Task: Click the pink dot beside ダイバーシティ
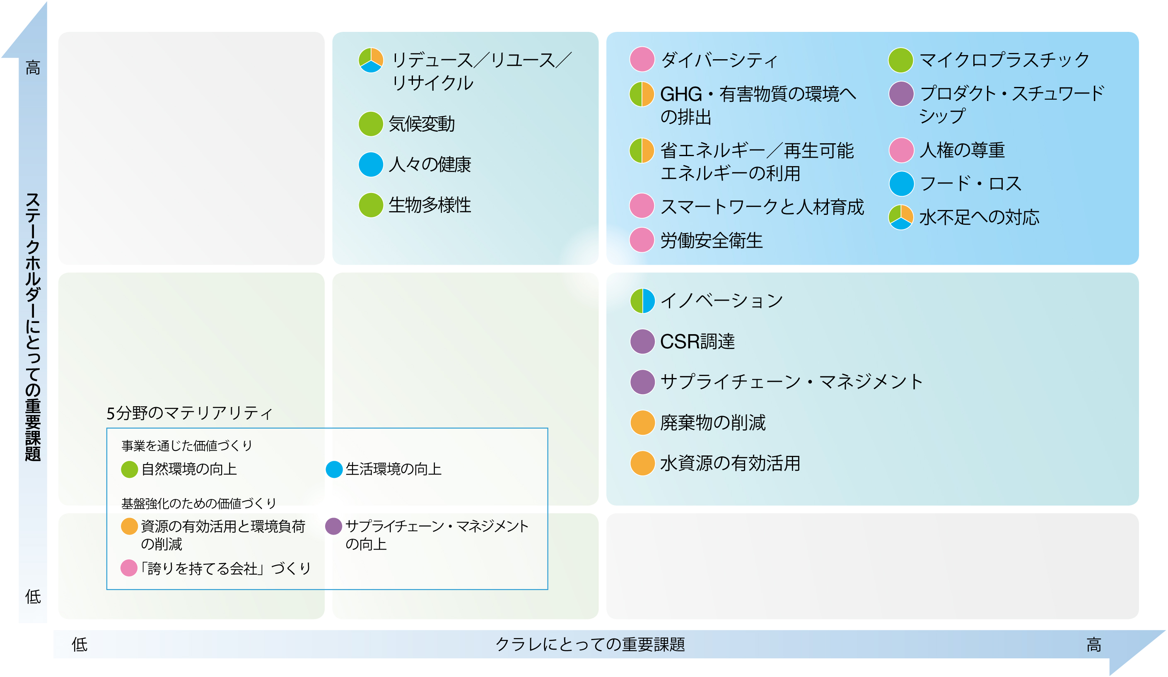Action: point(642,59)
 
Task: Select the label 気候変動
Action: point(422,124)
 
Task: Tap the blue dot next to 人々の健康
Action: point(371,164)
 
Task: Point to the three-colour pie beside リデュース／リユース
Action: point(371,60)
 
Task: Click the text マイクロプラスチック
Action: point(1004,60)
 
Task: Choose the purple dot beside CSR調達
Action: point(642,342)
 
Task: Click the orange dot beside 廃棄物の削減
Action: point(642,423)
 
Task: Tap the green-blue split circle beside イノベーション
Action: point(642,301)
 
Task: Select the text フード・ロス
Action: point(970,183)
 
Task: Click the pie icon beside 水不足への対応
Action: point(901,217)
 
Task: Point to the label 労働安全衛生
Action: point(712,241)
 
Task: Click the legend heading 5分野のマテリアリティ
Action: point(190,413)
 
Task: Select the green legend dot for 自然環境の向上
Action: point(129,470)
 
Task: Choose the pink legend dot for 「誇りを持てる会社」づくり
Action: point(129,568)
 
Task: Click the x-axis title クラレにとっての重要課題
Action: point(590,645)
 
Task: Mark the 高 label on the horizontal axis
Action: point(1094,645)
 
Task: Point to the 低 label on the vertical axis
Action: point(33,597)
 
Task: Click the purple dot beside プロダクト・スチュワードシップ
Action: point(901,94)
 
